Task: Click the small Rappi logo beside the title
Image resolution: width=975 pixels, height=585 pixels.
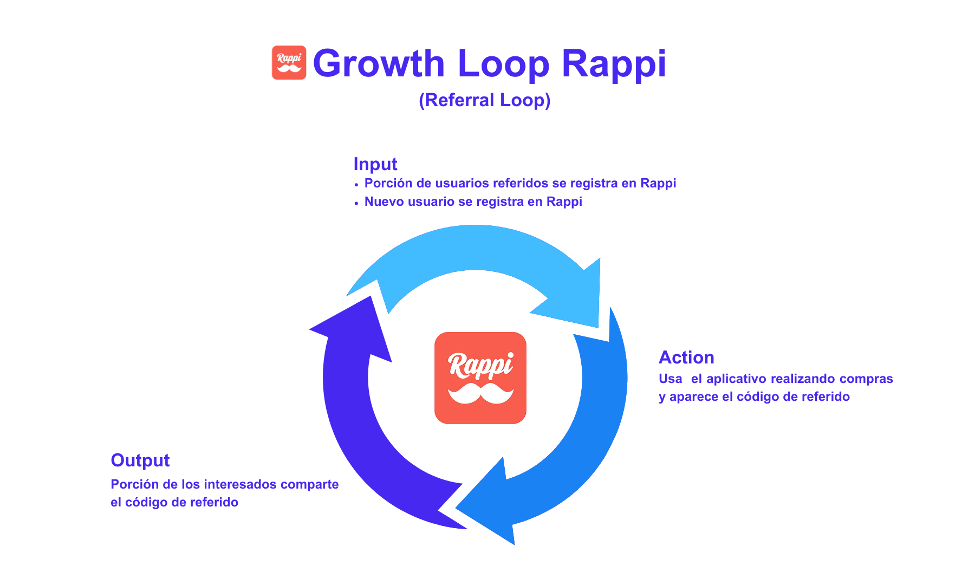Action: tap(289, 63)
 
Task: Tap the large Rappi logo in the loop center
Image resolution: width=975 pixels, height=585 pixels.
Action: tap(480, 378)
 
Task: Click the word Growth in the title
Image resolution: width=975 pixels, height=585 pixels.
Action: tap(379, 63)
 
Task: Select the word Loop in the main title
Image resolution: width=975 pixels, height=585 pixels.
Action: tap(503, 63)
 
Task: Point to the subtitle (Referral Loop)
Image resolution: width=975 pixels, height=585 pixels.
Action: tap(484, 100)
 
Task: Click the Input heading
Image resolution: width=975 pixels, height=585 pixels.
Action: tap(375, 164)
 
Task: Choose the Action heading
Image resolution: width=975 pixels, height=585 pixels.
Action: tap(686, 357)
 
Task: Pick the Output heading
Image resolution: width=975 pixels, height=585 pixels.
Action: tap(140, 460)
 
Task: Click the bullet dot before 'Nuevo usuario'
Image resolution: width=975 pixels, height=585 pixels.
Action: tap(356, 203)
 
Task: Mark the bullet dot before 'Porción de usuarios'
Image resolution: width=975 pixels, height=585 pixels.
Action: tap(356, 185)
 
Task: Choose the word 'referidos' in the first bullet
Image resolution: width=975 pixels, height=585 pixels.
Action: tap(520, 183)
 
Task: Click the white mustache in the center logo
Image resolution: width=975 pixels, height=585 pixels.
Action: tap(480, 394)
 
